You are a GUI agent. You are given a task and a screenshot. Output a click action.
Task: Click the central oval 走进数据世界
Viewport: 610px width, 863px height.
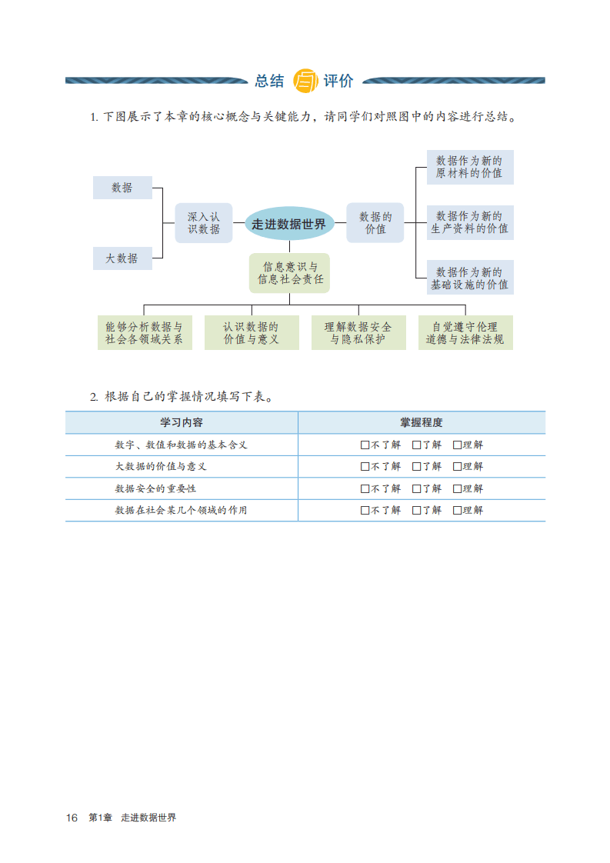click(x=289, y=224)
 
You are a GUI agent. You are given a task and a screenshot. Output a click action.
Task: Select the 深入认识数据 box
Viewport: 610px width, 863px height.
click(x=204, y=223)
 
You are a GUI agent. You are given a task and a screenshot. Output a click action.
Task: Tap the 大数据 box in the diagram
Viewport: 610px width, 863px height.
click(x=122, y=258)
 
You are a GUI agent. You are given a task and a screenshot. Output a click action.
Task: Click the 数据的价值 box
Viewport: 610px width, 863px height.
click(x=375, y=223)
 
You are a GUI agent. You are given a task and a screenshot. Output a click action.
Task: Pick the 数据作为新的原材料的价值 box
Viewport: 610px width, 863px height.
click(x=469, y=167)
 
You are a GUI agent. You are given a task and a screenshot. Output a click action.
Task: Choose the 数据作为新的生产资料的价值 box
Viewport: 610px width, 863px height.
click(x=469, y=222)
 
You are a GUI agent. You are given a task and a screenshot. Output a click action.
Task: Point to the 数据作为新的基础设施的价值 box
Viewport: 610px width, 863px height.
click(x=469, y=278)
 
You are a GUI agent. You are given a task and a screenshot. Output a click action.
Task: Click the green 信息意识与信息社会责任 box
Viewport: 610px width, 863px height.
click(x=289, y=273)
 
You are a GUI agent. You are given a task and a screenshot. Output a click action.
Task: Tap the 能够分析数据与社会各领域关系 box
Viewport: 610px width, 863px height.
click(x=145, y=333)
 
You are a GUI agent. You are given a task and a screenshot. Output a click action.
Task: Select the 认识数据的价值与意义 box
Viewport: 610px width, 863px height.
click(x=252, y=333)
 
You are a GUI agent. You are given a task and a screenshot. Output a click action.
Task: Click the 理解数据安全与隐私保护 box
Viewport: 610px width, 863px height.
click(x=358, y=333)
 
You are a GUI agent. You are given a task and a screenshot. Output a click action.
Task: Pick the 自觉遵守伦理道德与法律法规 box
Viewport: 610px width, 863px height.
click(x=465, y=333)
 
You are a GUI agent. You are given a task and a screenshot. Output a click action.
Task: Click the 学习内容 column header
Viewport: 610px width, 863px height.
click(x=182, y=422)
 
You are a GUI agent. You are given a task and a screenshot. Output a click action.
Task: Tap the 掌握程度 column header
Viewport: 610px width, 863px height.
click(x=422, y=422)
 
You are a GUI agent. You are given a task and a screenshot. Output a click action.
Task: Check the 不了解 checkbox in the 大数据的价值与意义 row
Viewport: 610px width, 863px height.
click(x=365, y=466)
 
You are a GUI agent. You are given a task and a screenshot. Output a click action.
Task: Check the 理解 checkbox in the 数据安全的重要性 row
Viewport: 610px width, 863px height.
click(x=457, y=488)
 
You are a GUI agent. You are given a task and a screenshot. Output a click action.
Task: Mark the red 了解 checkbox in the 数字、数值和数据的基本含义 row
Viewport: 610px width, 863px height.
click(x=416, y=445)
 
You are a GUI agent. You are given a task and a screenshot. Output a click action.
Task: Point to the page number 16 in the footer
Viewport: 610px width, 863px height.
click(x=72, y=818)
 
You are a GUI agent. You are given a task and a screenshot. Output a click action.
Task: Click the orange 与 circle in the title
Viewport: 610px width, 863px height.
click(x=305, y=80)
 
